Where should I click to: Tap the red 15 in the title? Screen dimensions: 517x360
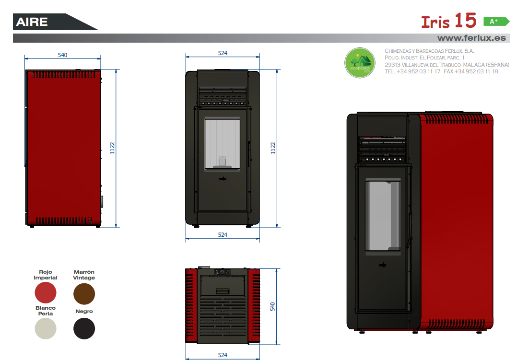click(x=465, y=21)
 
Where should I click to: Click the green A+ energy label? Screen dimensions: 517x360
click(x=496, y=22)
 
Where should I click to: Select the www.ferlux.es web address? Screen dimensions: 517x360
click(x=471, y=38)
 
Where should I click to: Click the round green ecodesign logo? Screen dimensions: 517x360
click(x=360, y=63)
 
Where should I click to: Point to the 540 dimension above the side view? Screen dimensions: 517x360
click(x=63, y=55)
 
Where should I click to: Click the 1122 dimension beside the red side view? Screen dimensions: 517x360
click(x=112, y=148)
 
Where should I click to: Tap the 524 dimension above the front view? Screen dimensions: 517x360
click(x=223, y=53)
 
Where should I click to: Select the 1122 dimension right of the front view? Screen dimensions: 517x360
click(x=273, y=148)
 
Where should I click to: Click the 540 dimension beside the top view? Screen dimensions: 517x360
click(x=273, y=307)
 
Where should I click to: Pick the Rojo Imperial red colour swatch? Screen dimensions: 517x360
click(x=46, y=292)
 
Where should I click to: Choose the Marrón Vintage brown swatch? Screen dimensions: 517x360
click(x=84, y=294)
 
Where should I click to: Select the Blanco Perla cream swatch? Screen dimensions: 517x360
click(x=46, y=328)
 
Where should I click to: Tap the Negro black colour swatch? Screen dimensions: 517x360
click(x=84, y=328)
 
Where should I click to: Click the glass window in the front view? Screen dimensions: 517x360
click(x=222, y=144)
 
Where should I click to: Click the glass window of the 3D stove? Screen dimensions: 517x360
click(x=383, y=216)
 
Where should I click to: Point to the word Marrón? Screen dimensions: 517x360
click(x=84, y=272)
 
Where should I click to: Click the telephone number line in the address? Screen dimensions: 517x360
click(x=441, y=71)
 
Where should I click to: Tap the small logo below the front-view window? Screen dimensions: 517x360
click(x=223, y=179)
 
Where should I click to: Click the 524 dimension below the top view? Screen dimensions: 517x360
click(x=223, y=355)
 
